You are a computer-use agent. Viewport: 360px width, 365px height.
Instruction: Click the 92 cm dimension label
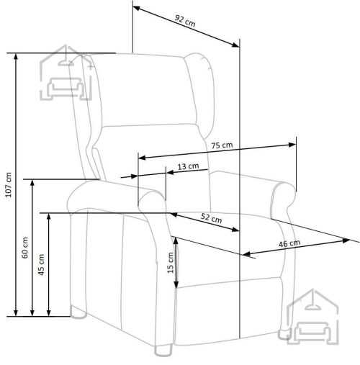pos(185,21)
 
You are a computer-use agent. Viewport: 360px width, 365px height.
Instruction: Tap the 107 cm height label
pos(9,185)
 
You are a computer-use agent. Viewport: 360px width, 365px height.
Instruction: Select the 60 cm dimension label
pos(25,248)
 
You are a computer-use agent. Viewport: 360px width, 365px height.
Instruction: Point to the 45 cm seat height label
pos(41,265)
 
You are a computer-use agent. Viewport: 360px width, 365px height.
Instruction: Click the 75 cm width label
pos(222,145)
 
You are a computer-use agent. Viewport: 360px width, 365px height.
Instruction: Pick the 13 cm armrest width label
pos(188,166)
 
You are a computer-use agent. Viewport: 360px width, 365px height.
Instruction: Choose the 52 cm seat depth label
pos(211,218)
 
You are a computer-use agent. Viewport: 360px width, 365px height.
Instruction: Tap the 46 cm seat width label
pos(289,243)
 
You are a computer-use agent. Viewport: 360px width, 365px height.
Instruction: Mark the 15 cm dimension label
pos(171,263)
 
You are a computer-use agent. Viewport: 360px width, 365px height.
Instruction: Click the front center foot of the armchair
pos(163,351)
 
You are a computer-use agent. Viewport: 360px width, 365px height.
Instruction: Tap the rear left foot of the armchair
pos(78,312)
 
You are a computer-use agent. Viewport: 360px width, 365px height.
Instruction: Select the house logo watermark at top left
pos(66,73)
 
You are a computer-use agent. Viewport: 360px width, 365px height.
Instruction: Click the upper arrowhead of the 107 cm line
pos(16,58)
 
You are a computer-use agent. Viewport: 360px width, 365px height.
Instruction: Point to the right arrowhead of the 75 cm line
pos(292,145)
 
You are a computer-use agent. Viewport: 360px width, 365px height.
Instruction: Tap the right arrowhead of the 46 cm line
pos(346,240)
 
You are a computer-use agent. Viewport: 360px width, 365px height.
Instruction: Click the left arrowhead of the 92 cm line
pos(137,8)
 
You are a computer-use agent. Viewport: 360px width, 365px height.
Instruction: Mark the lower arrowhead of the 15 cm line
pos(176,284)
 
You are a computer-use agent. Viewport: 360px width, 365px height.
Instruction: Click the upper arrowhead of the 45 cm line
pos(49,217)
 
